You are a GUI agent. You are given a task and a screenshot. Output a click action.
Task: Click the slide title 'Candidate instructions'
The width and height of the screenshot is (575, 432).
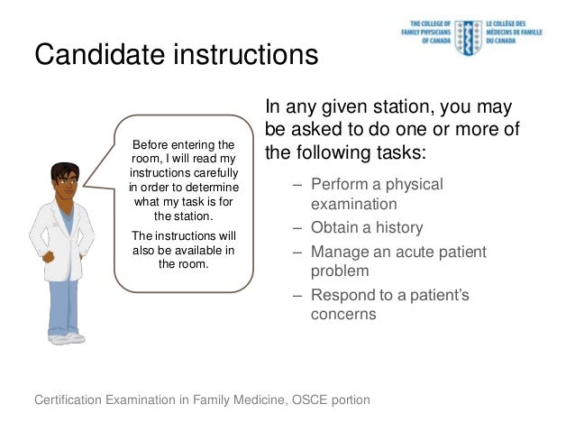[176, 56]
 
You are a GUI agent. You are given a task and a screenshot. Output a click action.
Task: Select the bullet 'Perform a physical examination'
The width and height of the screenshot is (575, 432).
[377, 194]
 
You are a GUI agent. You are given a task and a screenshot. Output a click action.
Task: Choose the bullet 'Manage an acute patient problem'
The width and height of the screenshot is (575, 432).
[397, 261]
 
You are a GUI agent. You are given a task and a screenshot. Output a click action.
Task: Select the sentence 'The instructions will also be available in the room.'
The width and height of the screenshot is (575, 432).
[183, 250]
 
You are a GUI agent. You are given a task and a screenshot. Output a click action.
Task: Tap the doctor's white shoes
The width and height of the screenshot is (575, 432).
[68, 339]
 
